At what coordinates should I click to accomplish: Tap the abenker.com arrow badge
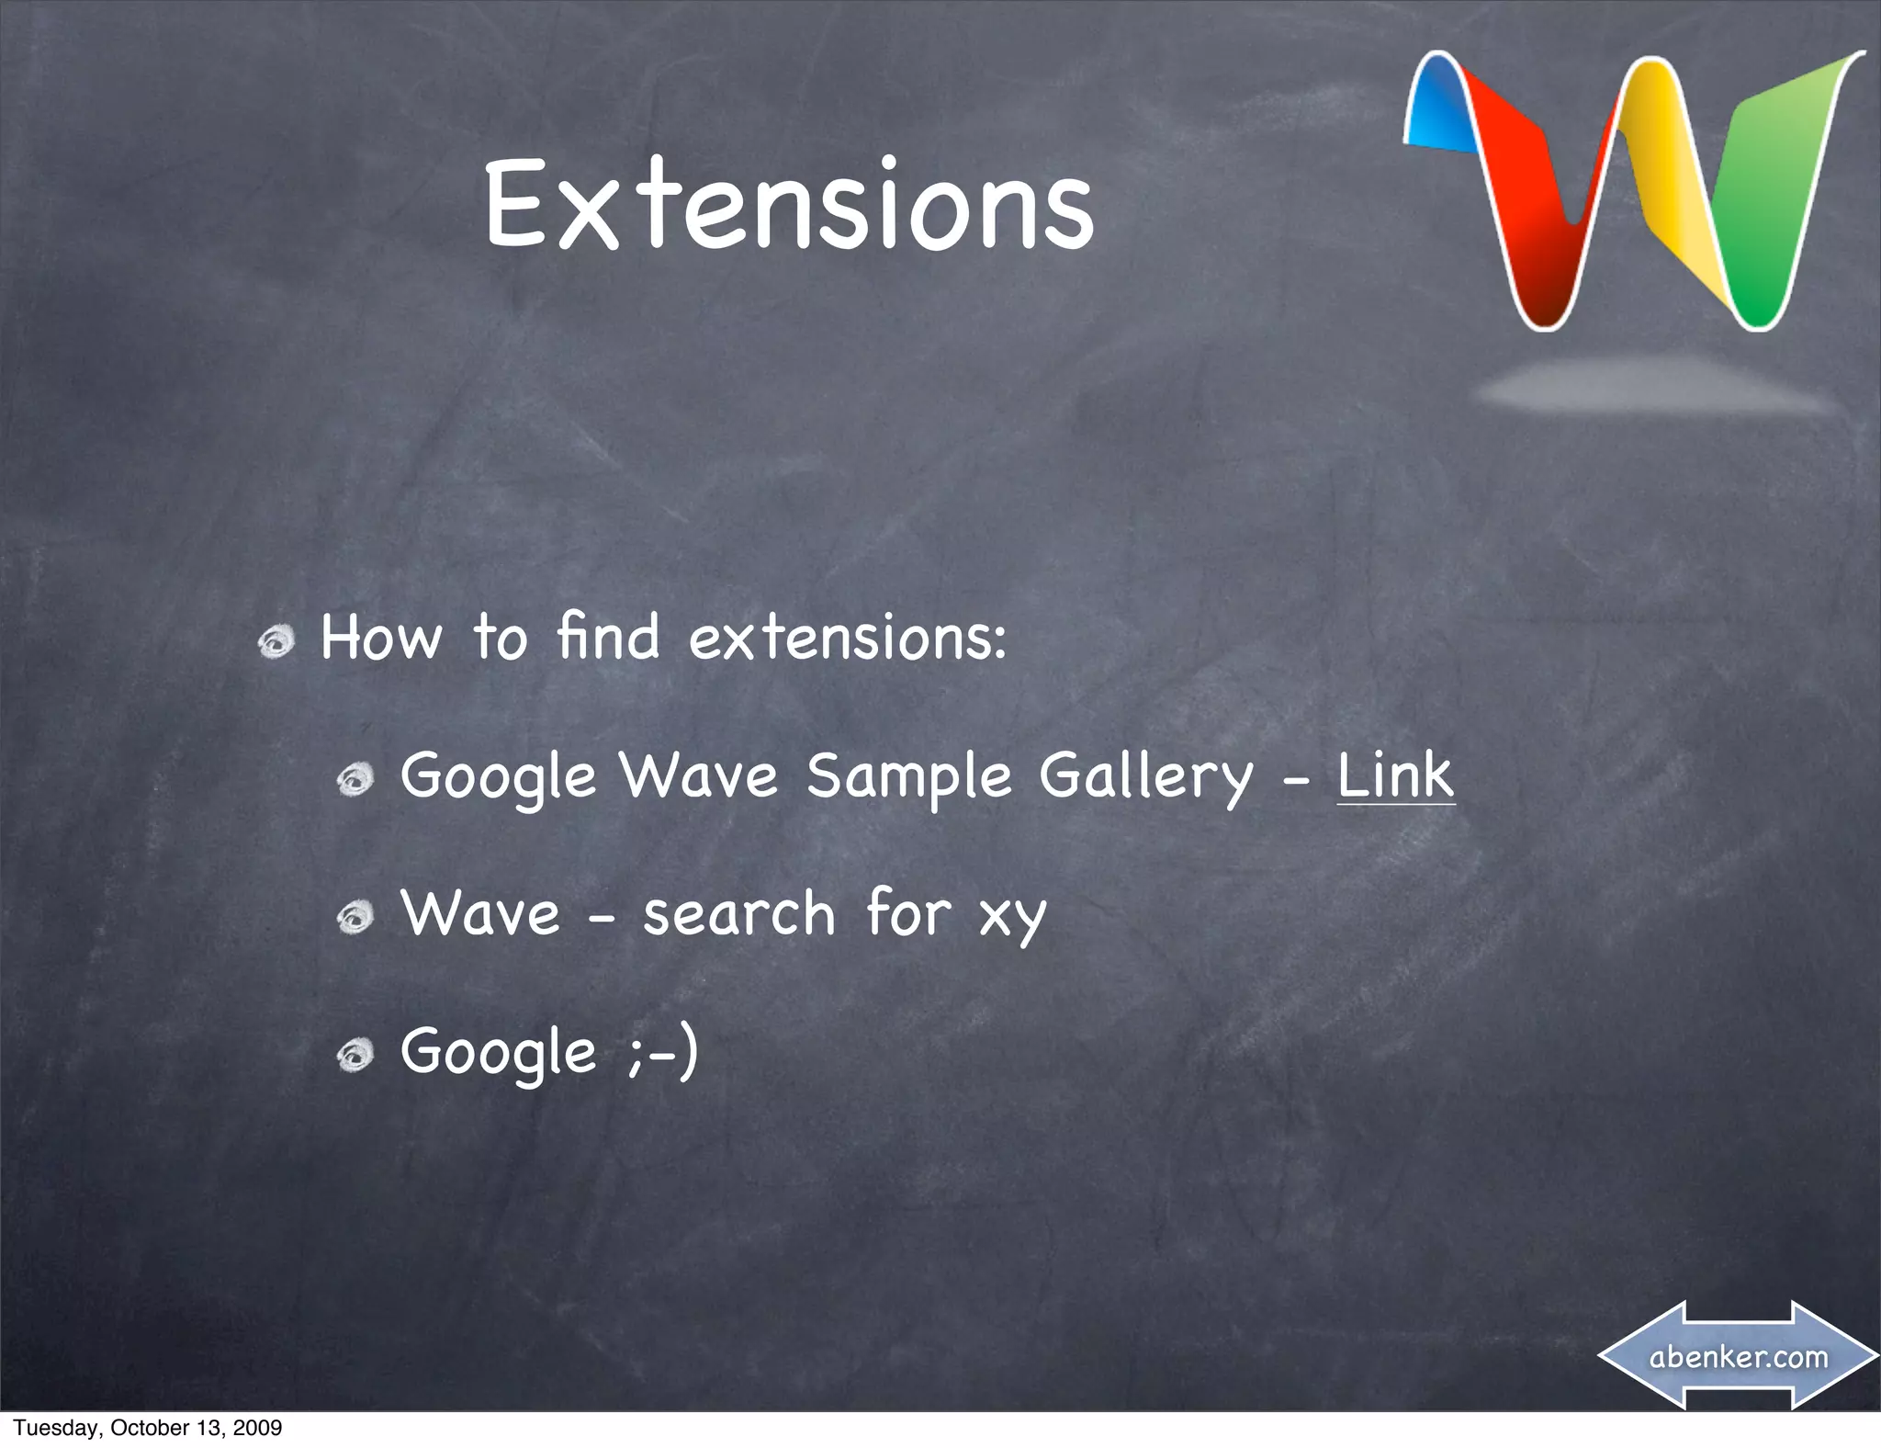[1739, 1356]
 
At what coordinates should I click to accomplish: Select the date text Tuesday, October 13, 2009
[147, 1427]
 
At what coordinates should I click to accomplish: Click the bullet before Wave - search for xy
[355, 917]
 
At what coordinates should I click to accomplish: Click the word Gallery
[1145, 776]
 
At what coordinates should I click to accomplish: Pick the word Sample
[908, 776]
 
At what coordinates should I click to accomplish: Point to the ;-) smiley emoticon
[663, 1052]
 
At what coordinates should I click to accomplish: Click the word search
[738, 913]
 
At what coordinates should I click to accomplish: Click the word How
[380, 638]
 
